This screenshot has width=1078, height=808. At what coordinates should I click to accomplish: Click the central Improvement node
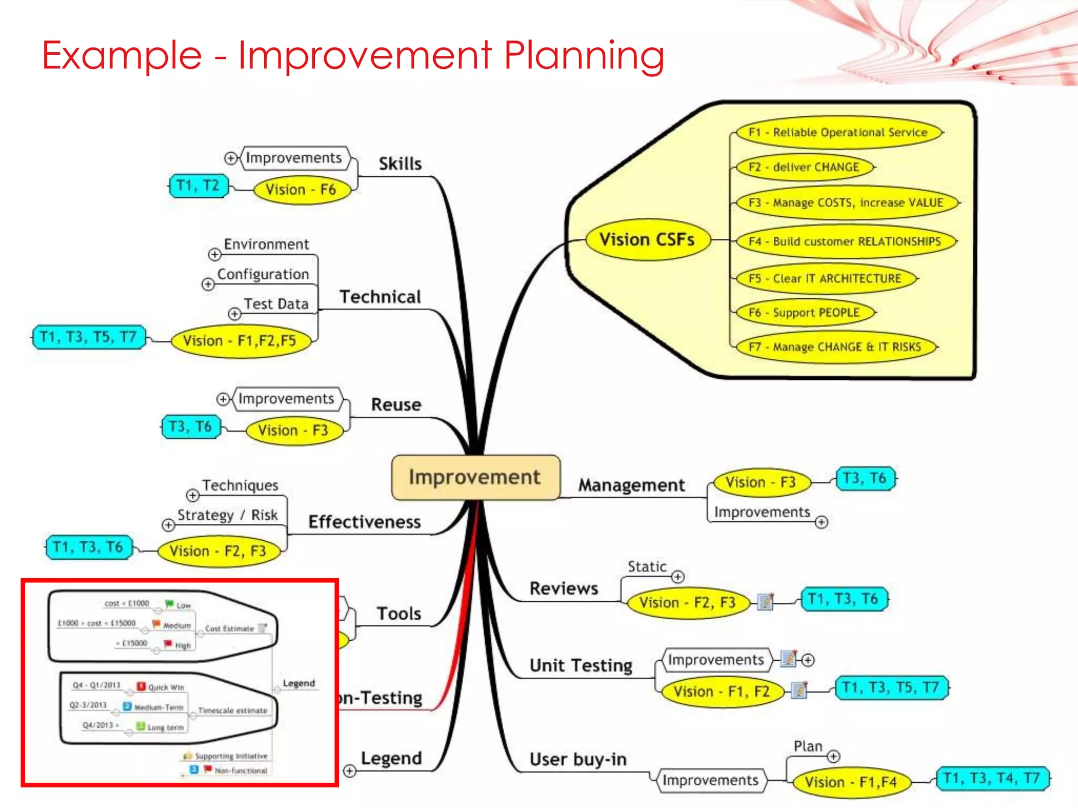475,477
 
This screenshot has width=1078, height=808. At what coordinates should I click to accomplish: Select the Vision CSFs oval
647,240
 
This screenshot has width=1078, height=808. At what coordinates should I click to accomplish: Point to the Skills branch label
400,164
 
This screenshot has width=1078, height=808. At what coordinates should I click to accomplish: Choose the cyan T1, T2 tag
198,186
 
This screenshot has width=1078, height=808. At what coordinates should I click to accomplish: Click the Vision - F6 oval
301,189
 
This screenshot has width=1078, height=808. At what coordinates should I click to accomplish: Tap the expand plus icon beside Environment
214,255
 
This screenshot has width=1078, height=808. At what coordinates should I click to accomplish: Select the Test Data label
276,304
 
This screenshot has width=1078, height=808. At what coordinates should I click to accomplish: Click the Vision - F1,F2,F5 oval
239,341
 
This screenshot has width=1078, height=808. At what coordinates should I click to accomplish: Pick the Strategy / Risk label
227,515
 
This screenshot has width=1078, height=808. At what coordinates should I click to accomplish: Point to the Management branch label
631,485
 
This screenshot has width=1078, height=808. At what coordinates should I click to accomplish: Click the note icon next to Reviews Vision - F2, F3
765,601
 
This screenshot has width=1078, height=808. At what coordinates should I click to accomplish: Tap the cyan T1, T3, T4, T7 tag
992,778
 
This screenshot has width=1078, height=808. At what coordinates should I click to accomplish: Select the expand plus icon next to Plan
833,756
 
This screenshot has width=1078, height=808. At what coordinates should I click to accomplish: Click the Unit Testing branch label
581,665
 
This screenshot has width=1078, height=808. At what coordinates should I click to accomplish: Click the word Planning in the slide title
584,55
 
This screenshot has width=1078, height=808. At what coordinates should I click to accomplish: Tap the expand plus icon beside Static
678,577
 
